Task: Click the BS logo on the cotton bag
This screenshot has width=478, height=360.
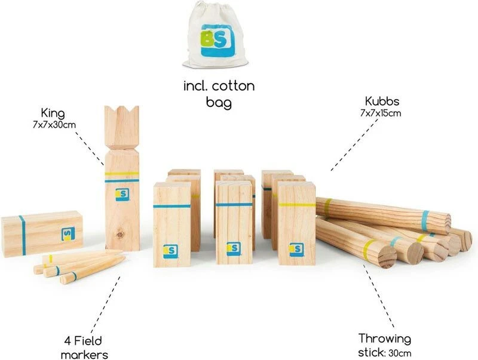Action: click(216, 41)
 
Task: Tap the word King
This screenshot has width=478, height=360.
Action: click(53, 113)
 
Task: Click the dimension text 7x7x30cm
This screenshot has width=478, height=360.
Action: click(54, 125)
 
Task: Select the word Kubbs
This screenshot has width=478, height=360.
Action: click(382, 101)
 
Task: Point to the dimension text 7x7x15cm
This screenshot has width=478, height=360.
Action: click(381, 113)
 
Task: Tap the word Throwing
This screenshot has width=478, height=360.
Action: click(385, 339)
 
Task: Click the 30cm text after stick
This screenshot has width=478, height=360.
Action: click(400, 353)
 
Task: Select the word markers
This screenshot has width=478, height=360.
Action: click(84, 355)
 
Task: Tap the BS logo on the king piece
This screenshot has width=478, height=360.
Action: click(122, 194)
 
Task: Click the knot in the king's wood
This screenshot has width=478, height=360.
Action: click(120, 235)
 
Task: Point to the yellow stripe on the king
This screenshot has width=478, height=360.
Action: click(122, 174)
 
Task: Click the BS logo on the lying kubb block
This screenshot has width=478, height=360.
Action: click(68, 234)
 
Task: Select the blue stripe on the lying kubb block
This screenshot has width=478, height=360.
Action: click(22, 235)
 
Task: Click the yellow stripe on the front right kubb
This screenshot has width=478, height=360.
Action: click(296, 204)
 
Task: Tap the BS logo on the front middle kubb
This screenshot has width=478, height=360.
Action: click(234, 249)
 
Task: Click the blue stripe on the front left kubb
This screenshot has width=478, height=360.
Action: click(172, 206)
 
